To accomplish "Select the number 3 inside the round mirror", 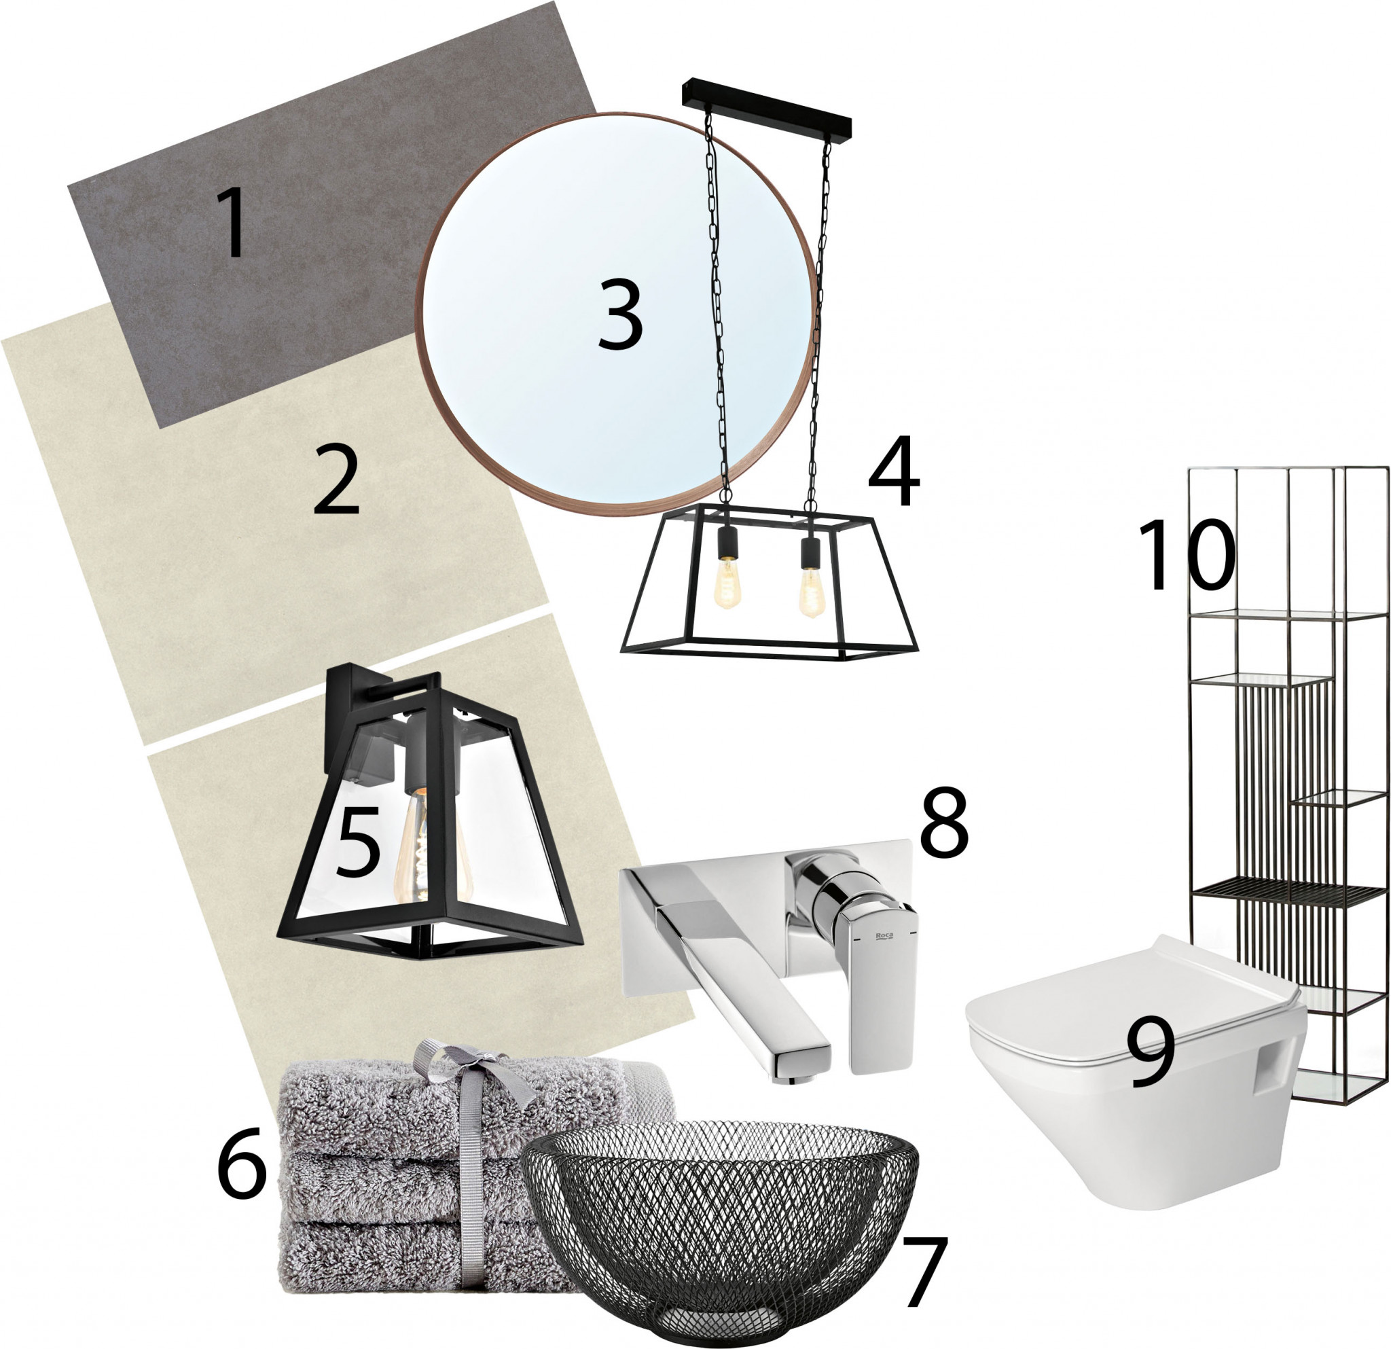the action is coord(620,314).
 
